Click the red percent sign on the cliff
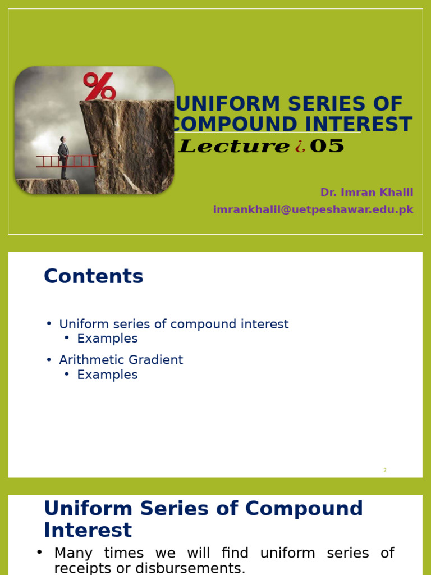click(99, 86)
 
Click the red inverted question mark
click(300, 147)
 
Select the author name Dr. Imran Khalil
click(366, 193)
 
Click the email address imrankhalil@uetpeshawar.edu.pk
click(313, 209)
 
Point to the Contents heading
click(94, 276)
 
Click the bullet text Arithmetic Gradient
click(121, 360)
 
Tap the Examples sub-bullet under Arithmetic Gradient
click(107, 375)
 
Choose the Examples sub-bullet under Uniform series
click(107, 339)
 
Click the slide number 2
click(385, 471)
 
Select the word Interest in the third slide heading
click(88, 530)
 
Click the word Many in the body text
click(75, 553)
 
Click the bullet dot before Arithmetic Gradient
click(49, 360)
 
